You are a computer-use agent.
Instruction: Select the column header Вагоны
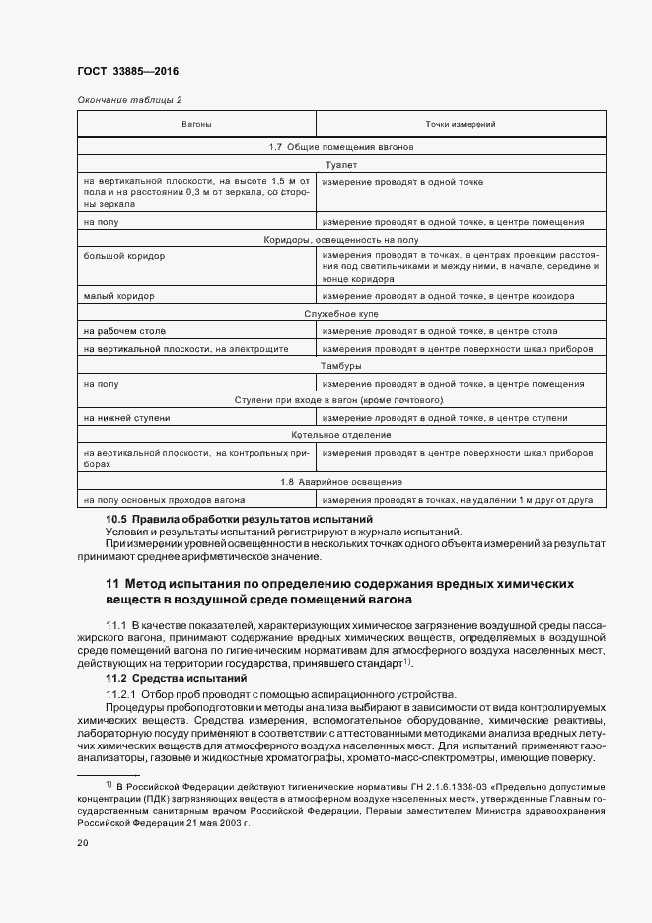pyautogui.click(x=195, y=125)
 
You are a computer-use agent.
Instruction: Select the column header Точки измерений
pyautogui.click(x=460, y=125)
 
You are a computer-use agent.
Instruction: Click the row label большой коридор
pyautogui.click(x=124, y=255)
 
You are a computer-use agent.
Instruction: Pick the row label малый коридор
pyautogui.click(x=118, y=295)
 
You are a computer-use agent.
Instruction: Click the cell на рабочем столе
pyautogui.click(x=124, y=330)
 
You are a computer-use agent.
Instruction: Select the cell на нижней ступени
pyautogui.click(x=127, y=418)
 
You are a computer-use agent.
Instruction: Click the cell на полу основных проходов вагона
pyautogui.click(x=165, y=500)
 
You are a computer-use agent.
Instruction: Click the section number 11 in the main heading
pyautogui.click(x=112, y=585)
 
